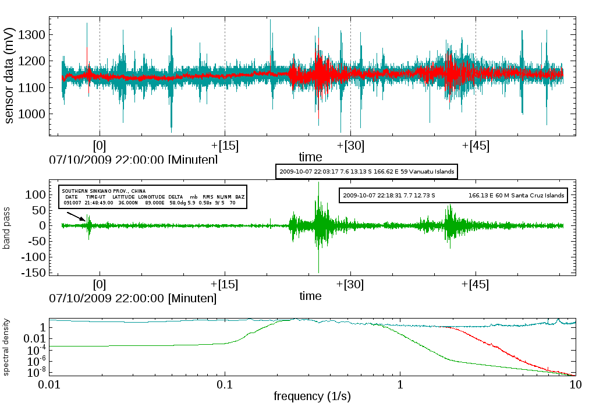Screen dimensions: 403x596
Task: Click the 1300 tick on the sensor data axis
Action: pos(30,35)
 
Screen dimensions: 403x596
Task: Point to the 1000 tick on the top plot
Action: pos(30,114)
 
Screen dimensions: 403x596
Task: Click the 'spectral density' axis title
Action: pos(7,347)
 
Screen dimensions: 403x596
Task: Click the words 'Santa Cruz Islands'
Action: pos(536,196)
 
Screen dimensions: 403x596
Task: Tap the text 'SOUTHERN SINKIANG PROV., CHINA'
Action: pos(104,191)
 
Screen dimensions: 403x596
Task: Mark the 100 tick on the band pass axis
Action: pos(36,193)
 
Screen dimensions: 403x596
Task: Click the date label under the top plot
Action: pos(134,159)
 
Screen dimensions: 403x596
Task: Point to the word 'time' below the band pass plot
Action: pos(310,296)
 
